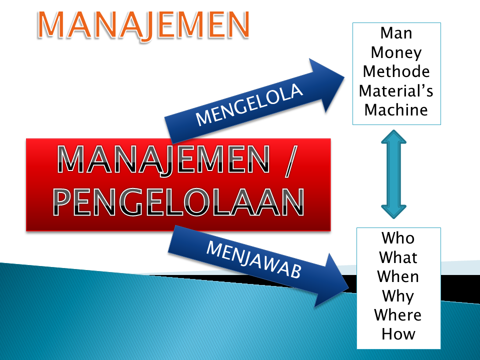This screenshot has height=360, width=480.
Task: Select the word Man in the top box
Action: point(396,34)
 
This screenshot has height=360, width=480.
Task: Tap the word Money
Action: point(396,52)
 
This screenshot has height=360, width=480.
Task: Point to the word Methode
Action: point(396,71)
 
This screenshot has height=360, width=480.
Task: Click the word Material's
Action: point(396,90)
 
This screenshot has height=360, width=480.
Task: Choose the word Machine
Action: point(396,109)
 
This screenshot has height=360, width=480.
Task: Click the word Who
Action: point(398,238)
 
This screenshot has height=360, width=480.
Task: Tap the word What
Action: point(398,257)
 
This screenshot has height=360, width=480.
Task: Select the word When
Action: point(398,276)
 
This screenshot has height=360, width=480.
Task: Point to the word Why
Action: point(398,296)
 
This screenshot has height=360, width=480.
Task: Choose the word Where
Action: point(398,315)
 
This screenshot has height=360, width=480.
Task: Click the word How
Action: point(398,333)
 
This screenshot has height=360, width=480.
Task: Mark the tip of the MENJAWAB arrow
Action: point(349,281)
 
